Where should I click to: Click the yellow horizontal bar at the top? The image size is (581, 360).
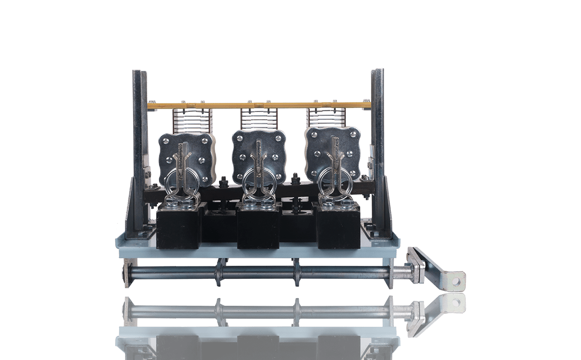[x=259, y=104]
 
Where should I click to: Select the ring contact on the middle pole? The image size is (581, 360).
[x=258, y=180]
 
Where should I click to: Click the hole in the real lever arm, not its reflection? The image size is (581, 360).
[x=459, y=278]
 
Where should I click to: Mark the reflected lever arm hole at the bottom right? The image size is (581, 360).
[x=459, y=302]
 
